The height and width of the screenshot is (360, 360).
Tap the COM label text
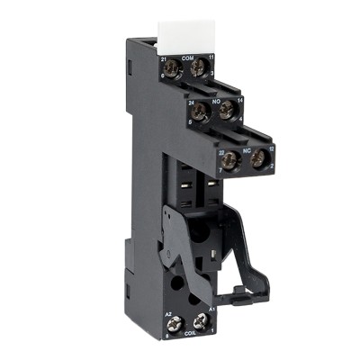(187, 58)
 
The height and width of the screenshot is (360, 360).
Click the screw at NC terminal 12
(258, 158)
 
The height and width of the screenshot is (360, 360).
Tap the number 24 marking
(191, 102)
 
